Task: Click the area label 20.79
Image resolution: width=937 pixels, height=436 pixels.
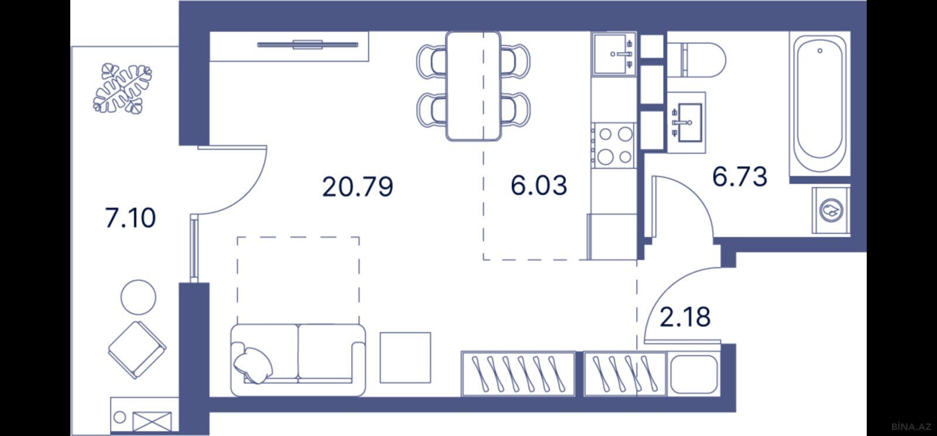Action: coord(358,187)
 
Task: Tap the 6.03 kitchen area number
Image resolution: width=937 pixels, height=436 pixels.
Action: coord(539,186)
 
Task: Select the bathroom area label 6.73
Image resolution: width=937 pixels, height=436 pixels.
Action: coord(740,176)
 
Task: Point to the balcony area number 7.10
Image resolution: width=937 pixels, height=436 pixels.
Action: coord(130,218)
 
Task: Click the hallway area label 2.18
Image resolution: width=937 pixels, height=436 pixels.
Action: coord(685,317)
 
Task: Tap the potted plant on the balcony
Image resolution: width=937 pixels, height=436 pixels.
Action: coord(122,88)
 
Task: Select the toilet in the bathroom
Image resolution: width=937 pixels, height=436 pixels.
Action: coord(696,60)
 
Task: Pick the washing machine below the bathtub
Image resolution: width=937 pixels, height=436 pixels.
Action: coord(831,210)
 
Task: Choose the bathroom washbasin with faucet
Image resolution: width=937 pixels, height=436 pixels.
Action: coord(686,123)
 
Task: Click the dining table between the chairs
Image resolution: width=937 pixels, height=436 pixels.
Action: coord(474,85)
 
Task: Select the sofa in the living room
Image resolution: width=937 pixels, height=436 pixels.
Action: coord(298,360)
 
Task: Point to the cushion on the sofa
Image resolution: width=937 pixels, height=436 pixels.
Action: coord(253,365)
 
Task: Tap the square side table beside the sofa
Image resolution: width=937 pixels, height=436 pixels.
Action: coord(405,358)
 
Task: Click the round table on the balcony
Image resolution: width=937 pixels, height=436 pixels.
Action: coord(138,297)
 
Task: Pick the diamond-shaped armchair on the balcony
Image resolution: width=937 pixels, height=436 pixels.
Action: coord(137,349)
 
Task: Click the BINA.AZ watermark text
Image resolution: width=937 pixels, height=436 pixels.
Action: coord(911,427)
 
